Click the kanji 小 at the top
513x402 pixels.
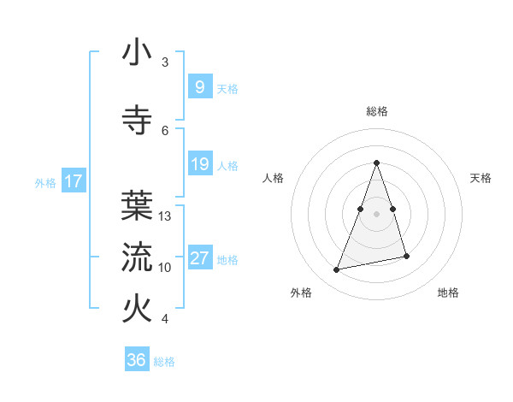coord(137,52)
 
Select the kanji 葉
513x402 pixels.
coord(137,204)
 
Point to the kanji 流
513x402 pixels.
coord(137,256)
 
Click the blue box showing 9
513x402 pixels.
coord(199,86)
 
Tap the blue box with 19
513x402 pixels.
coord(199,163)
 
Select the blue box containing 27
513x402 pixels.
coord(199,258)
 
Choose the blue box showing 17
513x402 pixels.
coord(73,181)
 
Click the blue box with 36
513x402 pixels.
coord(137,360)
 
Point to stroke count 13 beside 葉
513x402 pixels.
coord(165,216)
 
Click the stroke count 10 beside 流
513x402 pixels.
coord(165,268)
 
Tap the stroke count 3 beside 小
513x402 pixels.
coord(165,62)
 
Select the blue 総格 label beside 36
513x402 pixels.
coord(164,362)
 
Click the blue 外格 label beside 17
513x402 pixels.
coord(45,182)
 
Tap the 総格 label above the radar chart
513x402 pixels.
coord(376,111)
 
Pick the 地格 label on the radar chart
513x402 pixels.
coord(448,293)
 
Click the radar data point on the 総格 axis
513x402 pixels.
coord(376,163)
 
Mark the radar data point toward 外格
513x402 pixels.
coord(337,270)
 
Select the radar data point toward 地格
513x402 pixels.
coord(406,257)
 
